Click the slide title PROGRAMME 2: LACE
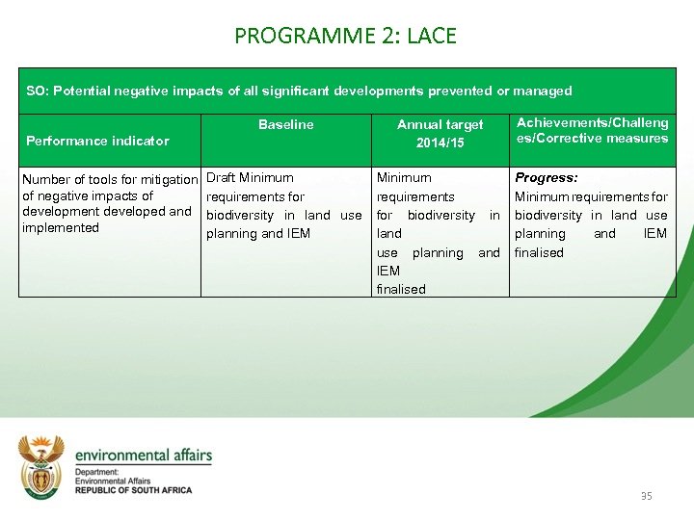(x=345, y=37)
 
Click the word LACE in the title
(x=432, y=37)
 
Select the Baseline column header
(x=285, y=124)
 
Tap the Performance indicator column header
(x=97, y=141)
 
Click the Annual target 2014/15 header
(x=440, y=133)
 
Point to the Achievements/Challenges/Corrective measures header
(x=592, y=130)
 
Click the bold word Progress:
(x=547, y=178)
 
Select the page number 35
(x=646, y=496)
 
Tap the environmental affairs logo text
(x=143, y=455)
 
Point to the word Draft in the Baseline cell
(x=221, y=178)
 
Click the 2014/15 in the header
(x=440, y=143)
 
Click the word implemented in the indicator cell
(x=61, y=228)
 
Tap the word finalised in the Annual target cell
(x=401, y=289)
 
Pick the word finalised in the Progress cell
(x=539, y=252)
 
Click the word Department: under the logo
(x=96, y=472)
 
